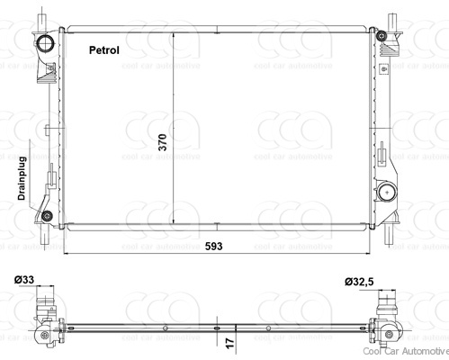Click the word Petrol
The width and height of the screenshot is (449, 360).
[105, 50]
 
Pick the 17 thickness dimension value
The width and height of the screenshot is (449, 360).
[230, 343]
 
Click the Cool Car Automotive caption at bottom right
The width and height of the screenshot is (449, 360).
[404, 354]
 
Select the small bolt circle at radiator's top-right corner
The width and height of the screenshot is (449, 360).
[382, 36]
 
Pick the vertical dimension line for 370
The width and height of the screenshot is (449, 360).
[173, 90]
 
